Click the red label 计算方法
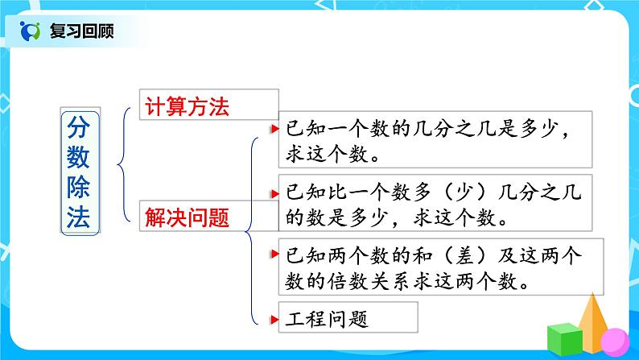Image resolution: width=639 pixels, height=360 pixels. (187, 106)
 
